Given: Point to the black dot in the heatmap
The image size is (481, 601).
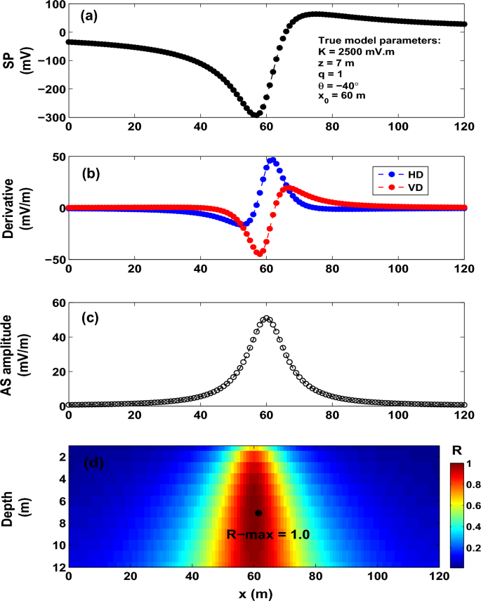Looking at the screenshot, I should (258, 513).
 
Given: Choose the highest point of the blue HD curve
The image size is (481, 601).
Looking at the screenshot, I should (272, 160).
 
